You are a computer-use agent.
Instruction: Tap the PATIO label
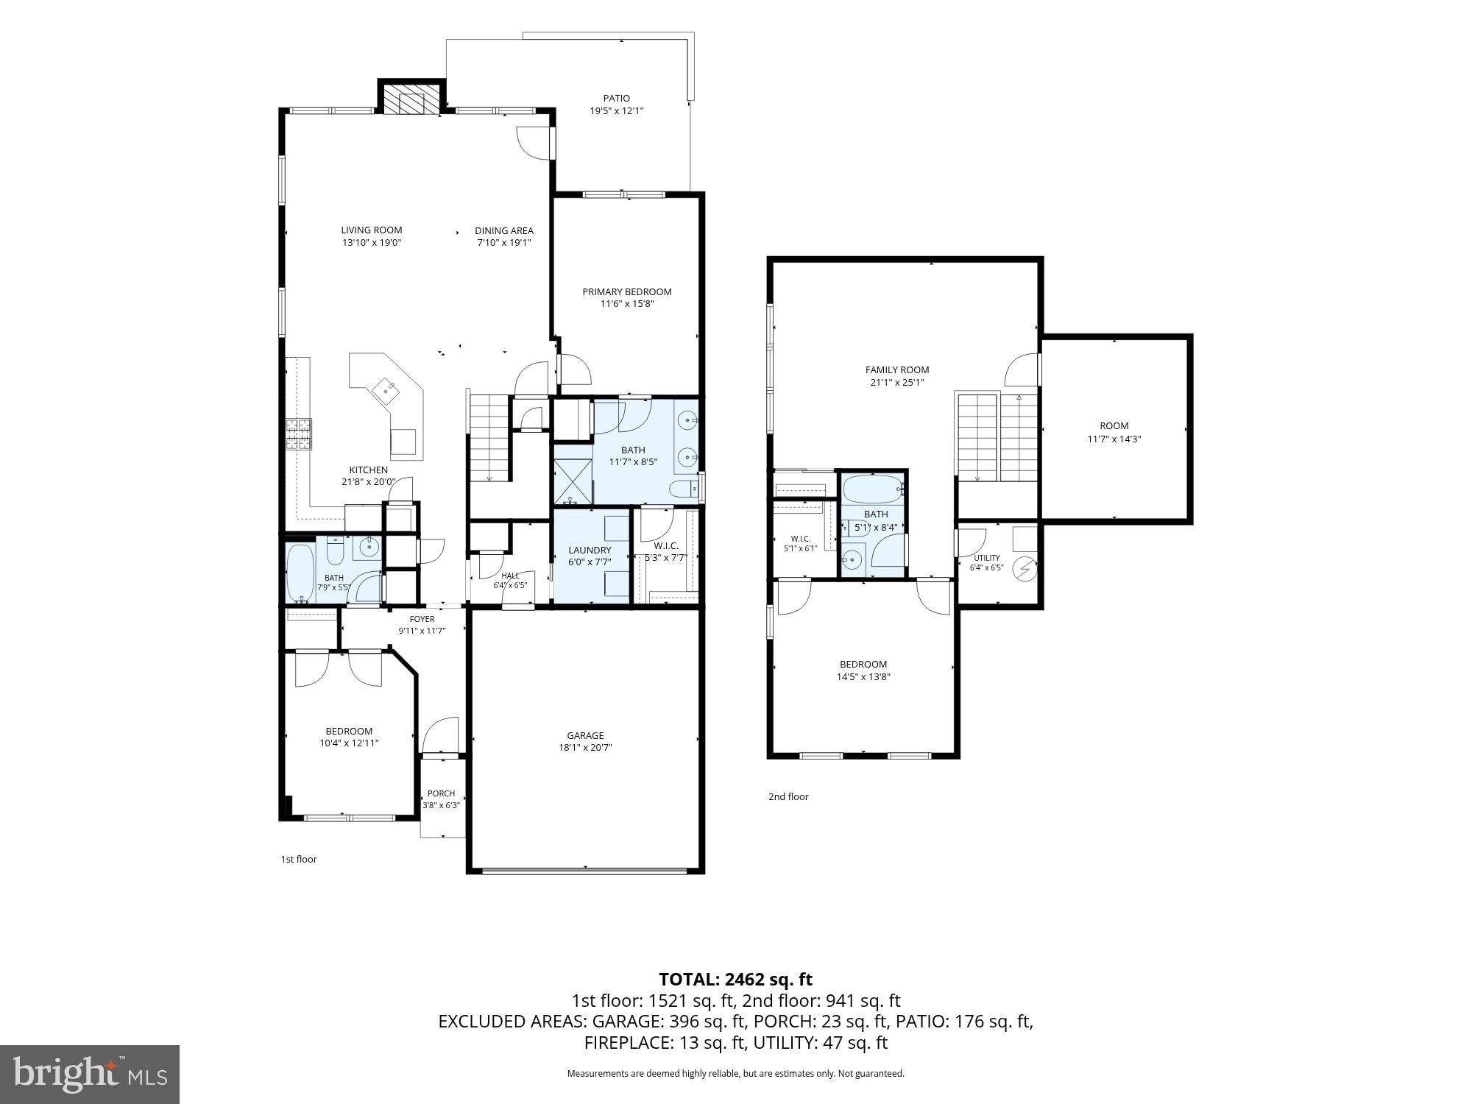pos(617,98)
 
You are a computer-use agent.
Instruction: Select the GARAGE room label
pos(585,735)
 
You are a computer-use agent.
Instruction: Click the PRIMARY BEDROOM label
pos(627,291)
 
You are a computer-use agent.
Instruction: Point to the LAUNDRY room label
pos(590,550)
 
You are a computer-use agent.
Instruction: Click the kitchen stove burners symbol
pos(299,434)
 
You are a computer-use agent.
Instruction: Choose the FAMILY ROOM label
pos(896,369)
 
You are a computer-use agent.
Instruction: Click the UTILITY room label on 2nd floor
pos(986,558)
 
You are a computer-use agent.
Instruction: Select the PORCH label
pos(441,793)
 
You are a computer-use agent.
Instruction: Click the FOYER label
pos(422,619)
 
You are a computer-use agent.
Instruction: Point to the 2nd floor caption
pos(788,796)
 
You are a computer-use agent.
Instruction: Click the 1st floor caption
pos(298,859)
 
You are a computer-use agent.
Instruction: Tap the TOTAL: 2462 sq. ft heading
pos(735,979)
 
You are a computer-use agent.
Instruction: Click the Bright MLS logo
pos(90,1075)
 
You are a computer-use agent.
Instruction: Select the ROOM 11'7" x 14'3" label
pos(1114,432)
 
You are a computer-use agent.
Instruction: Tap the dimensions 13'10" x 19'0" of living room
pos(372,242)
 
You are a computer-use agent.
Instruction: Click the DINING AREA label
pos(504,230)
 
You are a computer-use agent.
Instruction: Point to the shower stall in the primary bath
pos(573,481)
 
